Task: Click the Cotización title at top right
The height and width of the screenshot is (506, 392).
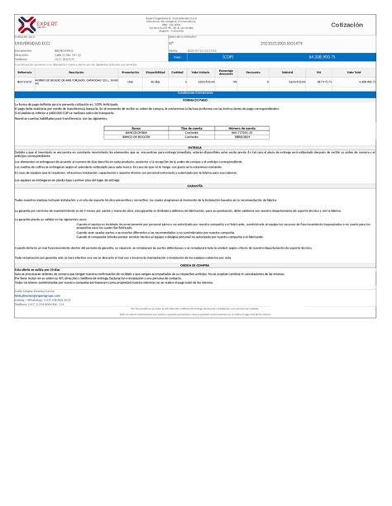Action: pos(347,26)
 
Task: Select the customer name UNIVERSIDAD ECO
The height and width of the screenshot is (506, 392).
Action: pos(34,42)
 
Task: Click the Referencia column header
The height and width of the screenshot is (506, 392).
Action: pos(24,72)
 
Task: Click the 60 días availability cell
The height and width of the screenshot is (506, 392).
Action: pos(155,82)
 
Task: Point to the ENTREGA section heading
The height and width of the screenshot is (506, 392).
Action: pos(195,146)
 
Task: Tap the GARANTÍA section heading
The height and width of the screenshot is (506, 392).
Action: pos(195,187)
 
